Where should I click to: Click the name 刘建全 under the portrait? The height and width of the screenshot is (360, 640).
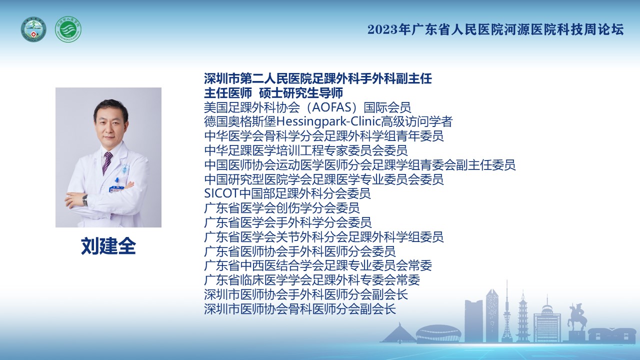click(108, 246)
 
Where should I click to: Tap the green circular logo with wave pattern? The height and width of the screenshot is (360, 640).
click(68, 29)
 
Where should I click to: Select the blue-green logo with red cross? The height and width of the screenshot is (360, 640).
click(33, 29)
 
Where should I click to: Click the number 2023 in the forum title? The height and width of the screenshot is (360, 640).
click(382, 29)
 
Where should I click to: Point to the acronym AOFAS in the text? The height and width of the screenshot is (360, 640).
click(331, 107)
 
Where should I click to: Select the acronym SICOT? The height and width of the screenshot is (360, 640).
click(221, 193)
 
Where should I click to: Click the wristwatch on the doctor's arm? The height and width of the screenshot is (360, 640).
click(85, 200)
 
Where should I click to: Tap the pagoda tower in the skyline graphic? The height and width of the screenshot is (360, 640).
click(523, 316)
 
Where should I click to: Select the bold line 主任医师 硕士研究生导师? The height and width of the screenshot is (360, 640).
click(273, 93)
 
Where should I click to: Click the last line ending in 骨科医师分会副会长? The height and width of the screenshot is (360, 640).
click(300, 309)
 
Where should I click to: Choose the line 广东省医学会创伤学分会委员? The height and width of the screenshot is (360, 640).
click(281, 208)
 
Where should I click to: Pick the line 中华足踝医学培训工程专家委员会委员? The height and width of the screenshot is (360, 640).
click(305, 150)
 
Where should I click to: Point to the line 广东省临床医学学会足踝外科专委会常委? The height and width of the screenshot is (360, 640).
click(312, 280)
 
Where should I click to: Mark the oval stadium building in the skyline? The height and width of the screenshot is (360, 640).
click(438, 333)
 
